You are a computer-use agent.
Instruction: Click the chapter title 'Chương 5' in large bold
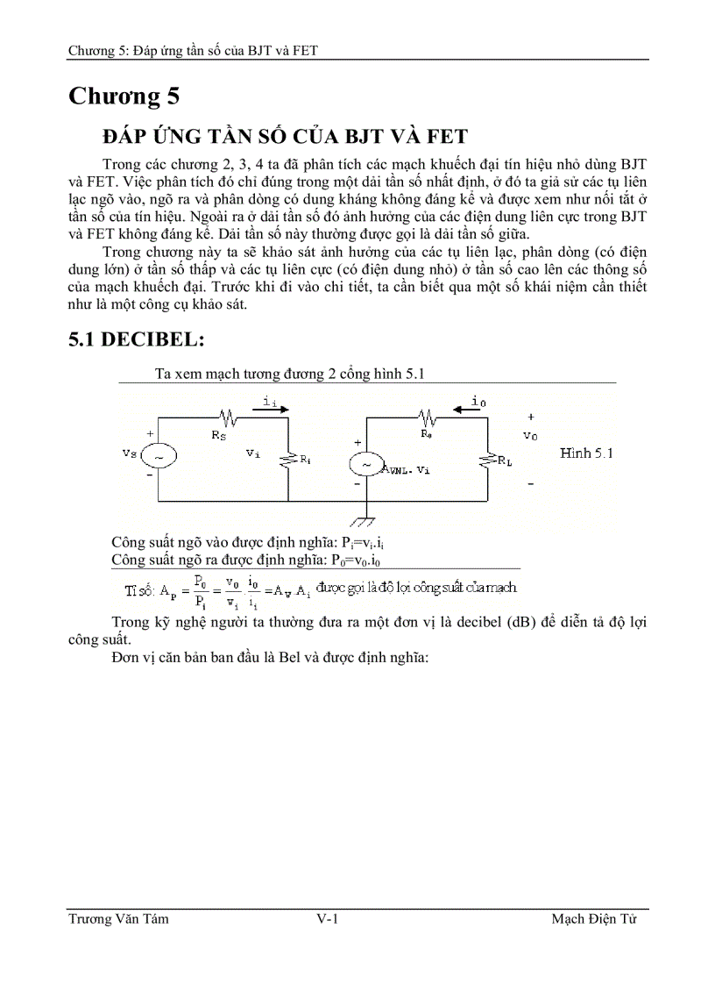[x=126, y=97]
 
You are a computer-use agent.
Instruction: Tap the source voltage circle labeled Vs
[x=160, y=456]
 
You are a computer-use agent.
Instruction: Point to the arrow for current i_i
[x=268, y=409]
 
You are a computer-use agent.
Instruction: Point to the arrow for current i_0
[x=465, y=409]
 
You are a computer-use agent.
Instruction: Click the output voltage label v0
[x=530, y=435]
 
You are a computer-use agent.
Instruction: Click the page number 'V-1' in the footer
[x=328, y=919]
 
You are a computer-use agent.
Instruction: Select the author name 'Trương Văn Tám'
[x=118, y=919]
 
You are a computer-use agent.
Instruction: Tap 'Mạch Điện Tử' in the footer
[x=593, y=919]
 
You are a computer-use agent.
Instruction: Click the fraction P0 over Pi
[x=201, y=589]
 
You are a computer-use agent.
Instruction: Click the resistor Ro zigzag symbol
[x=428, y=417]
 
